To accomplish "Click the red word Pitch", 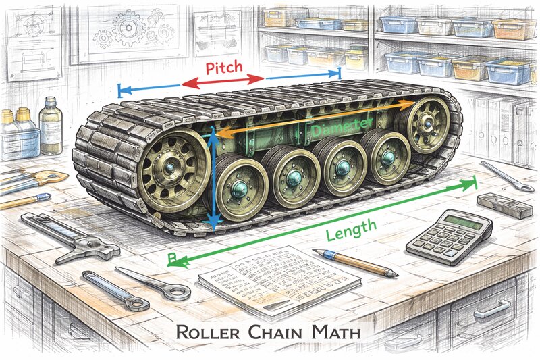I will pyautogui.click(x=225, y=69).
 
